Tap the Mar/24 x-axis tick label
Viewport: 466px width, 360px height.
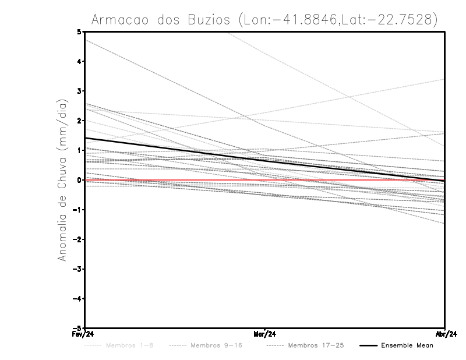click(264, 334)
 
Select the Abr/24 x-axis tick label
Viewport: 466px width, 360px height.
click(445, 334)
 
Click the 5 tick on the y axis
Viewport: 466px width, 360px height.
click(79, 31)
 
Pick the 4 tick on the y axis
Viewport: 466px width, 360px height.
click(79, 61)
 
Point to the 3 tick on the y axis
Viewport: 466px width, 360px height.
click(79, 91)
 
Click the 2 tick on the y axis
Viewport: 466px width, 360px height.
click(79, 121)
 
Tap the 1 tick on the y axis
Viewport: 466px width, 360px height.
click(79, 150)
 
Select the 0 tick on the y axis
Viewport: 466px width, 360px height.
click(79, 180)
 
